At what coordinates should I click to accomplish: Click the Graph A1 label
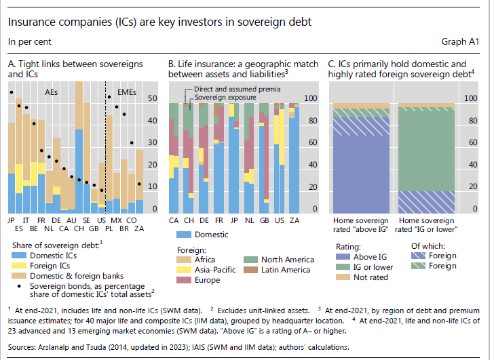(463, 41)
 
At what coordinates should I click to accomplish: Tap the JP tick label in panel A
(12, 221)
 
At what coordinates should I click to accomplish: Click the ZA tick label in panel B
(294, 221)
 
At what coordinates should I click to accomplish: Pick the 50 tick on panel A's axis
(152, 99)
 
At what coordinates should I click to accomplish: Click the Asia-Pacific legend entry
(210, 271)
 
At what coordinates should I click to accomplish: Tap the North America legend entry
(287, 260)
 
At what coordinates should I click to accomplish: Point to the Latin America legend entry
(286, 271)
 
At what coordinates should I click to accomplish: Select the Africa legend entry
(202, 260)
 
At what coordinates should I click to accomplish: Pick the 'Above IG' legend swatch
(339, 256)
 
